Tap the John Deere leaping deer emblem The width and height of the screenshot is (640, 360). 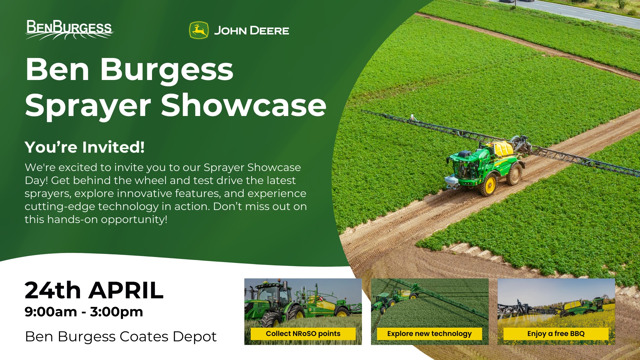click(199, 30)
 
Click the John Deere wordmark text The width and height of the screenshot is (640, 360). click(251, 31)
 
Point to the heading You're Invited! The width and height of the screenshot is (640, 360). click(85, 147)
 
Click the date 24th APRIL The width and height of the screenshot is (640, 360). click(94, 290)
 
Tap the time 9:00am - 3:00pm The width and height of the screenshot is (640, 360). click(84, 312)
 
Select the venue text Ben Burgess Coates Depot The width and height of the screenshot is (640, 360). click(121, 337)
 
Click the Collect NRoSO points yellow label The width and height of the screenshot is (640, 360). click(303, 334)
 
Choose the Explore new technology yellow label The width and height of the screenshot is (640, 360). click(429, 334)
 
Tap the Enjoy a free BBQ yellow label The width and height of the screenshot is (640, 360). click(556, 334)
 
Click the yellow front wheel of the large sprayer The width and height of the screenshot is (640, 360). click(489, 186)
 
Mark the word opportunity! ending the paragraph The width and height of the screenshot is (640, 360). click(134, 220)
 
